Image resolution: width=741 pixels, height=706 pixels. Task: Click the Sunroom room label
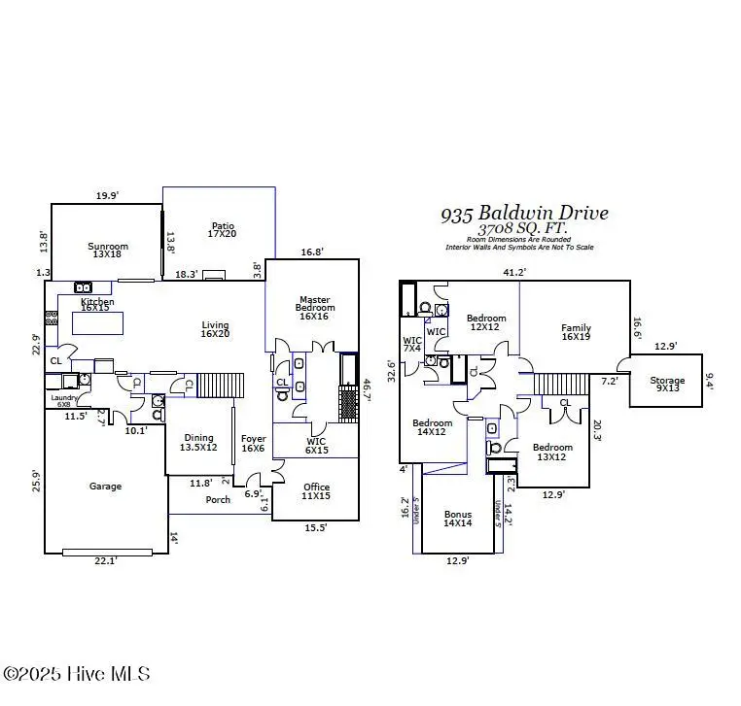click(108, 251)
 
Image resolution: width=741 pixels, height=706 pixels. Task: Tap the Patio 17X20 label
click(222, 228)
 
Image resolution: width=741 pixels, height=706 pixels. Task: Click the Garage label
click(105, 486)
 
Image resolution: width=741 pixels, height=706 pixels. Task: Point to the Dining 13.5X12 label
click(198, 443)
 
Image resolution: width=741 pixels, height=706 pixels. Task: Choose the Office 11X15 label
click(316, 491)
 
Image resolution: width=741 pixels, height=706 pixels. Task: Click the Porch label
click(218, 500)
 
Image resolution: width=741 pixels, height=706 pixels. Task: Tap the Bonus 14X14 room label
click(457, 519)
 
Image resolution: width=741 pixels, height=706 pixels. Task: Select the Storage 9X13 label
click(667, 386)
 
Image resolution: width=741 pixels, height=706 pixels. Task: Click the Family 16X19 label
click(576, 333)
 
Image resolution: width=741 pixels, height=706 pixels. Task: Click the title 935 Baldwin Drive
click(524, 213)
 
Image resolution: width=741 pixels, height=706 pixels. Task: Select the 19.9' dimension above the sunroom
click(107, 195)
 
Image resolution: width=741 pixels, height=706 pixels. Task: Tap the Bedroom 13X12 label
click(552, 452)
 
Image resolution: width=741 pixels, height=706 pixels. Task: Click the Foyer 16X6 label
click(253, 443)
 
